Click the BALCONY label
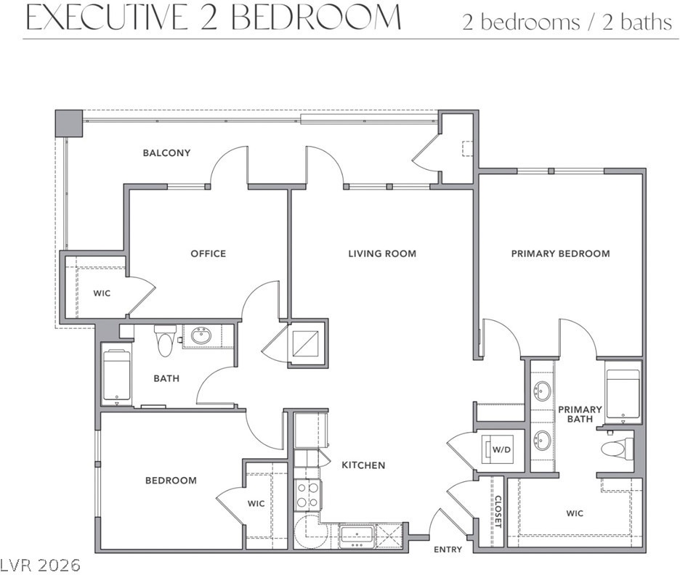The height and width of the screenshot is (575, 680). pyautogui.click(x=166, y=153)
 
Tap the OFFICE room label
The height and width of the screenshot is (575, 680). pyautogui.click(x=209, y=253)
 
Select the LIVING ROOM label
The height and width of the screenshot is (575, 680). pyautogui.click(x=382, y=253)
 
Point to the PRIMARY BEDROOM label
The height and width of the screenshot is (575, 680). pyautogui.click(x=560, y=253)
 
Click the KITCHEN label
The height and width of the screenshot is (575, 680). pyautogui.click(x=363, y=465)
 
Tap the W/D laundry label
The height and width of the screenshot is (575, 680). pyautogui.click(x=501, y=450)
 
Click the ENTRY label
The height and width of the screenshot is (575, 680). pyautogui.click(x=448, y=550)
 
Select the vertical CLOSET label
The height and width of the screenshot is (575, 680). pyautogui.click(x=498, y=512)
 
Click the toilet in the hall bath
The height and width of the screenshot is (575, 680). pyautogui.click(x=165, y=340)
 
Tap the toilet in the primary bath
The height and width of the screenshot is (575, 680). pyautogui.click(x=618, y=447)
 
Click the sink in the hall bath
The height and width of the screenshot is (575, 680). pyautogui.click(x=201, y=336)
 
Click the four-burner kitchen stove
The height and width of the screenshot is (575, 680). pyautogui.click(x=308, y=495)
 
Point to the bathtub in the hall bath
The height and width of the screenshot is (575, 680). pyautogui.click(x=117, y=375)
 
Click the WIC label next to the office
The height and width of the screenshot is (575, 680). pyautogui.click(x=102, y=293)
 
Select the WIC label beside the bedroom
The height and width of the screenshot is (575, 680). pyautogui.click(x=256, y=504)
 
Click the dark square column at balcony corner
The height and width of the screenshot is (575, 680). pyautogui.click(x=69, y=123)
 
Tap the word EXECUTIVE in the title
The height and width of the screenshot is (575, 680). pyautogui.click(x=106, y=18)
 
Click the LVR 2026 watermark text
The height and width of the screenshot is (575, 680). pyautogui.click(x=41, y=565)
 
